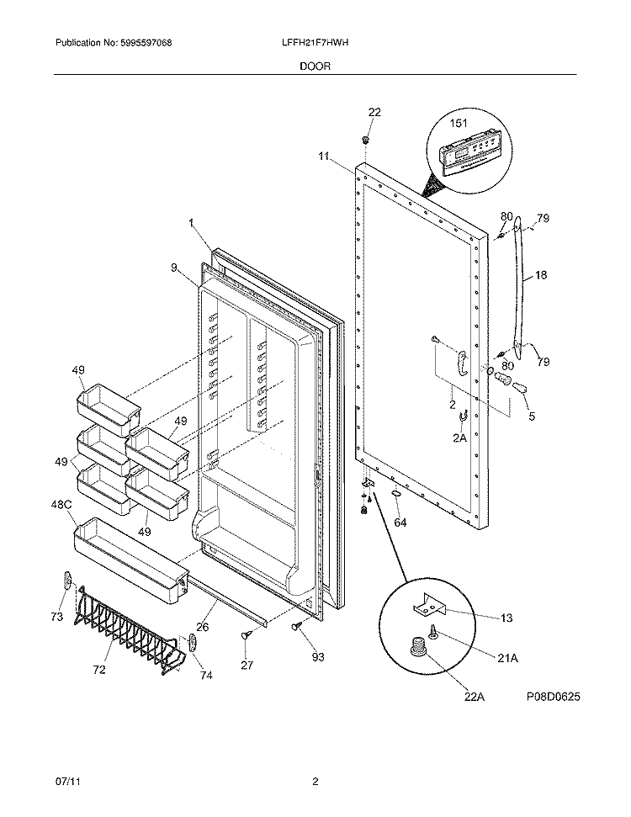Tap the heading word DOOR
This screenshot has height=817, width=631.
pos(315,63)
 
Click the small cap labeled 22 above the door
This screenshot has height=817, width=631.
pos(366,139)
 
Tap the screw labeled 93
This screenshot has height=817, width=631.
pos(297,627)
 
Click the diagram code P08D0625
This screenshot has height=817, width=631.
pos(554,698)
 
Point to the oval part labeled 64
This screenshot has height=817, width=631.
pos(394,496)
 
